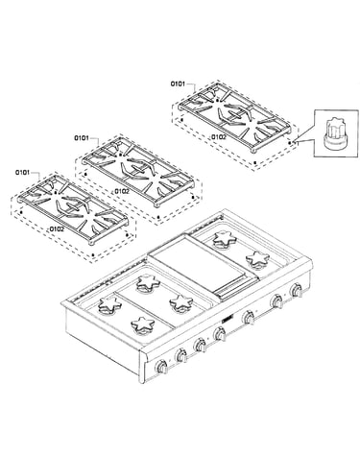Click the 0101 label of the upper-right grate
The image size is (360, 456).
tap(178, 84)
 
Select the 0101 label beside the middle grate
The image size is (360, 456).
tap(82, 138)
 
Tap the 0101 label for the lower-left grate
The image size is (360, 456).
tap(22, 173)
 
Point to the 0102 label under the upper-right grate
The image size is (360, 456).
tap(219, 137)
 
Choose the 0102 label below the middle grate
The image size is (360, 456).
tap(122, 191)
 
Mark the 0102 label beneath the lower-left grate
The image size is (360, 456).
tap(57, 229)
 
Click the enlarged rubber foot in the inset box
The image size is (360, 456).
tap(335, 133)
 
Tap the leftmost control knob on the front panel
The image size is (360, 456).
tap(161, 367)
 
